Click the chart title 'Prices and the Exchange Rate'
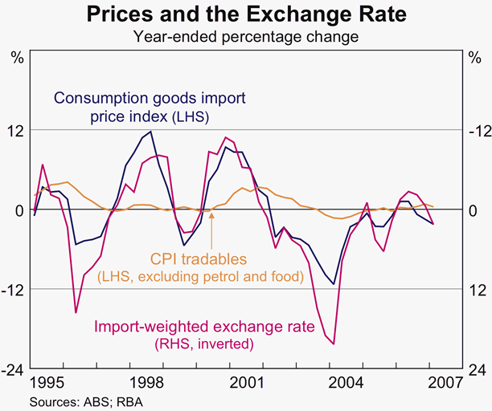pos(246,14)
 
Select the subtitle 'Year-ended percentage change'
pos(246,36)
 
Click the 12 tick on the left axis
pos(16,130)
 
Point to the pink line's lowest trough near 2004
pos(333,344)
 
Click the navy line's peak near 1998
pos(153,132)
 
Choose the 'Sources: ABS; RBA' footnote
pos(88,400)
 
